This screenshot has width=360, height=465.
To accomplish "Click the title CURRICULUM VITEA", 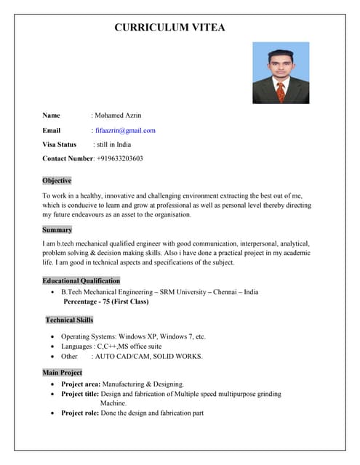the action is click(169, 28).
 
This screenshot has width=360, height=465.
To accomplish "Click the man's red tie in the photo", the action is click(281, 92).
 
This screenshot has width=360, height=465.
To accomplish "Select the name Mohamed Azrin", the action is click(119, 116).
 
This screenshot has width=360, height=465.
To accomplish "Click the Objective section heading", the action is click(57, 181).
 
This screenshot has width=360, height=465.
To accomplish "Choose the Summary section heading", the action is click(57, 230).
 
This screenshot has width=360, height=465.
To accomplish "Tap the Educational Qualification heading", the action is click(81, 280).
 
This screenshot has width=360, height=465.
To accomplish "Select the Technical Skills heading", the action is click(69, 320).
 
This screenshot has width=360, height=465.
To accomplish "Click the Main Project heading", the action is click(62, 373).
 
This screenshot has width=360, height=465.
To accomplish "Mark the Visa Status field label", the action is click(60, 145).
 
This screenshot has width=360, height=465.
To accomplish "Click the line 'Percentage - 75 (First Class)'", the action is click(106, 302).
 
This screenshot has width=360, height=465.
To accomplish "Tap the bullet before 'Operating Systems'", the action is click(53, 338).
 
